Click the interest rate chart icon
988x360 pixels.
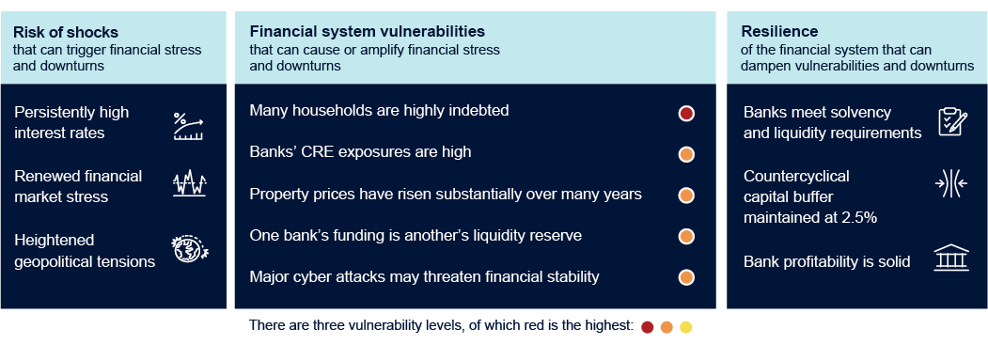(x=188, y=126)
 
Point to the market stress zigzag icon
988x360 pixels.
(x=188, y=184)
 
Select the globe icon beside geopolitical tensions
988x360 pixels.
(x=188, y=248)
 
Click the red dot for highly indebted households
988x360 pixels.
(x=686, y=114)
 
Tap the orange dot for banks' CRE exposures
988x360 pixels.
(x=686, y=155)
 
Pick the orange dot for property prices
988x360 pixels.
(x=686, y=196)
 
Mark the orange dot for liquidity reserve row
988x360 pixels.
(x=686, y=236)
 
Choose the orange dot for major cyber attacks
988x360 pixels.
(x=686, y=277)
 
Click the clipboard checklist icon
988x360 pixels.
(x=952, y=122)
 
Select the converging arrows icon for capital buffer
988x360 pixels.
(x=952, y=185)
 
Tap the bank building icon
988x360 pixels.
(x=952, y=259)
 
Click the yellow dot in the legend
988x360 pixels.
(x=685, y=327)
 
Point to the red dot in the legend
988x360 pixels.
(x=647, y=327)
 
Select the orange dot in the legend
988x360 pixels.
(x=667, y=327)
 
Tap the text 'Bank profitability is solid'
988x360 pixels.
(x=826, y=261)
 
